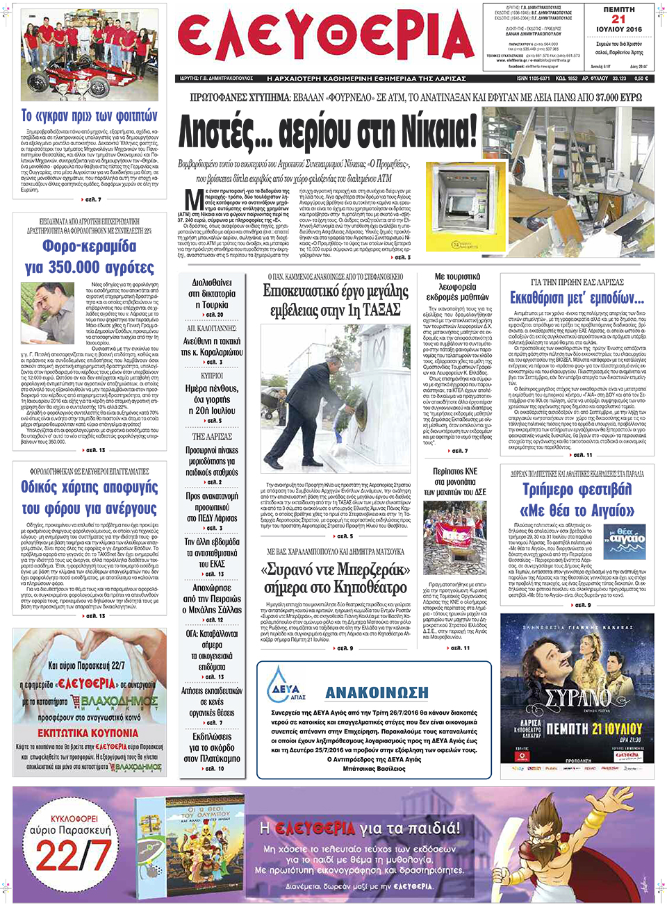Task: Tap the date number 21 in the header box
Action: tap(618, 19)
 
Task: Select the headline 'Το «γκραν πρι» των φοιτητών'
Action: tap(90, 115)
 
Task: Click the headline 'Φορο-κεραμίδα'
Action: tap(90, 246)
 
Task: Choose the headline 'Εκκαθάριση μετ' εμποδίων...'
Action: tap(577, 298)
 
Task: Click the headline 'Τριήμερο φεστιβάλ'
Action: tap(577, 489)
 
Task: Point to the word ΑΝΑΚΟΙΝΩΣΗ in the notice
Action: tap(377, 692)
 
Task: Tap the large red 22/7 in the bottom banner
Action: tap(72, 856)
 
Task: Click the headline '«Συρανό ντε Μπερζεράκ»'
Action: tap(335, 570)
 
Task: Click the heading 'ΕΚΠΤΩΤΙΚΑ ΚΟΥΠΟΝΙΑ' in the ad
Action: tap(88, 733)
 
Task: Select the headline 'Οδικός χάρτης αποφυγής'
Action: tap(90, 487)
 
